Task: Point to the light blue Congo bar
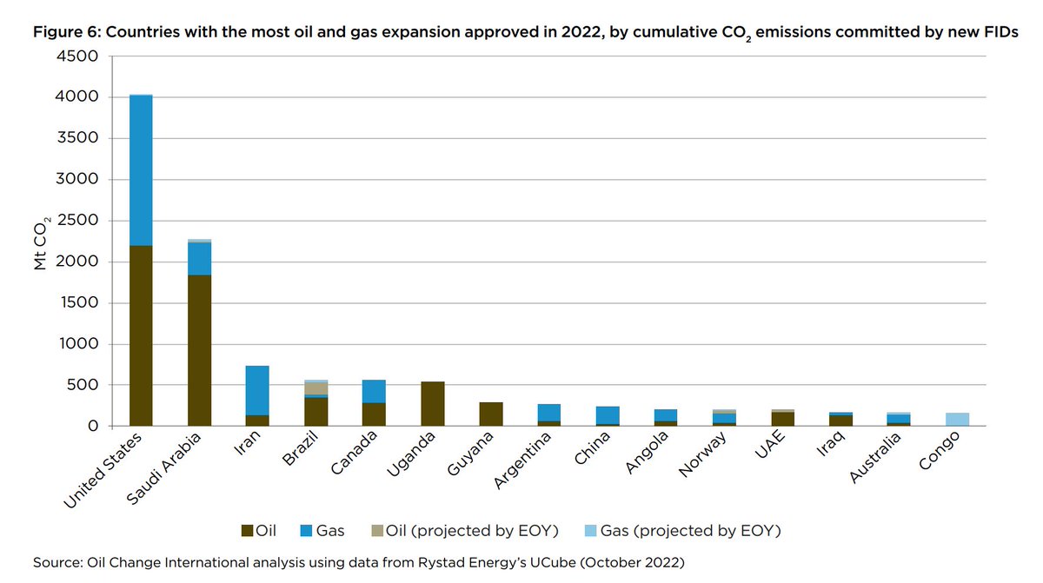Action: pos(957,420)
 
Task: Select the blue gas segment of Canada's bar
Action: pos(374,391)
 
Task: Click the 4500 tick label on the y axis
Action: pos(80,56)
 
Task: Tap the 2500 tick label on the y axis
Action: pos(80,221)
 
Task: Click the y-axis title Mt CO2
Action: pos(41,245)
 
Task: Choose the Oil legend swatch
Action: pos(247,529)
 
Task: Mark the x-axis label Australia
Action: pos(878,454)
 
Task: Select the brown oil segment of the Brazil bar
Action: pos(316,412)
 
